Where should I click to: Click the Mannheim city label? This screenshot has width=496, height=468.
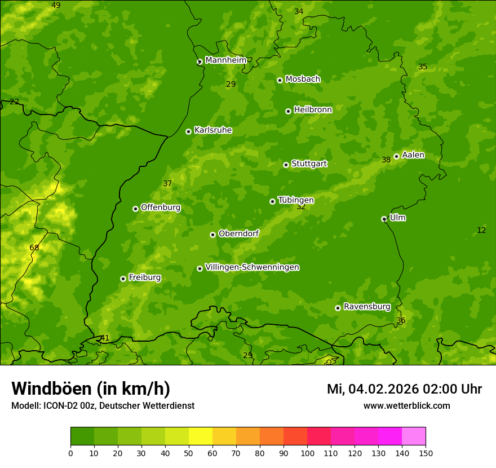point(225,60)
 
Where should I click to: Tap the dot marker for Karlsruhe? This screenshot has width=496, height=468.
point(188,131)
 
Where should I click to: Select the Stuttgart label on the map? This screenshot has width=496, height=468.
point(309,164)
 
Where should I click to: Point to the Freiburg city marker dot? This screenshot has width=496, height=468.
point(123,279)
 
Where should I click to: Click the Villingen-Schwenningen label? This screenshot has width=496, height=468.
point(252,267)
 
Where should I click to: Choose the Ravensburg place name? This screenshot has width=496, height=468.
point(366,307)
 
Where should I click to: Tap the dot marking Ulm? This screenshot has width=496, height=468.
point(384,219)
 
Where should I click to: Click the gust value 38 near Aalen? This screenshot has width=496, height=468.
point(386,160)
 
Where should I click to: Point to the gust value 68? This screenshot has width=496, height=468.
point(34,248)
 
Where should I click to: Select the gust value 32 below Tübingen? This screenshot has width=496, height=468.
point(301,207)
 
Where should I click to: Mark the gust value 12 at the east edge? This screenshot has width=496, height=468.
point(481,231)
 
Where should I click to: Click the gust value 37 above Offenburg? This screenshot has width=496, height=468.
point(167,184)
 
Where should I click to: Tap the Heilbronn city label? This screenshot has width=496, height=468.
point(313,110)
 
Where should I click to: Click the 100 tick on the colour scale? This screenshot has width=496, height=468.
point(307,453)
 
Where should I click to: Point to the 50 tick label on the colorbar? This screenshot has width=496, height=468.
point(189,453)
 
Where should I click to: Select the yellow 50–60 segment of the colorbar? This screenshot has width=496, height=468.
point(201,436)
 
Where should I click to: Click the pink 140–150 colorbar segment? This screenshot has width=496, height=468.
point(414,436)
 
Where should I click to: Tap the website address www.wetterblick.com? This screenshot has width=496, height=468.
point(406,406)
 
